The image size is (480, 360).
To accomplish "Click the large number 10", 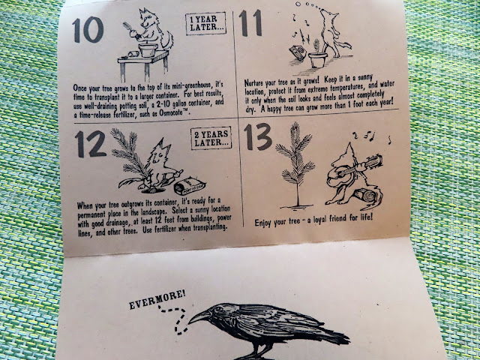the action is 88,30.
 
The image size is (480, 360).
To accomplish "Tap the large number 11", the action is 250,23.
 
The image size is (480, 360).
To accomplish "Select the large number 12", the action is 91,144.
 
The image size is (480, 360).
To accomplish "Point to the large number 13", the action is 258,136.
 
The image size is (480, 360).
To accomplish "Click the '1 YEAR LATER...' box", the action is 205,23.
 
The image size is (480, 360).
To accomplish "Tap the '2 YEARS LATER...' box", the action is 211,138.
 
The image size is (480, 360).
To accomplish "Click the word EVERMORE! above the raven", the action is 157,299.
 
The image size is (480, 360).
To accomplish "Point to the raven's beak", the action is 199,317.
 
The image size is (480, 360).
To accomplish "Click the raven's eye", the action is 218,309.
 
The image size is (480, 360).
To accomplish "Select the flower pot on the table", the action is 148,50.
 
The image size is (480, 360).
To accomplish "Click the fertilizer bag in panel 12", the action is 190,186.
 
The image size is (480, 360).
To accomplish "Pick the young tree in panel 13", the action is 295,165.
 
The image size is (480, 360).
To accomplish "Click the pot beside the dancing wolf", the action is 318,60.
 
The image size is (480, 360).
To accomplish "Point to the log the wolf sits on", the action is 367,196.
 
